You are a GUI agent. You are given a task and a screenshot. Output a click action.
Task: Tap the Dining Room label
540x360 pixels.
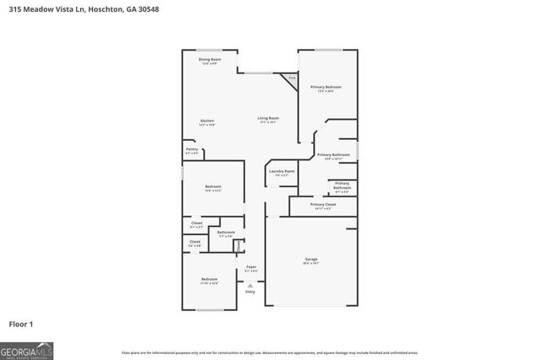[x=209, y=60]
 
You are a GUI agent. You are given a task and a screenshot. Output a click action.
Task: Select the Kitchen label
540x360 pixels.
[x=207, y=121]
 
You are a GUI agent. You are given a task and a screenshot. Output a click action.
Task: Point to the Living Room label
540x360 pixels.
[x=268, y=118]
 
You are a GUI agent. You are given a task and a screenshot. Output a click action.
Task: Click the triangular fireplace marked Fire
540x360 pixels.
[x=290, y=79]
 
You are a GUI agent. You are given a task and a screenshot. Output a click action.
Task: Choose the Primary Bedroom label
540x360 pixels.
[x=325, y=87]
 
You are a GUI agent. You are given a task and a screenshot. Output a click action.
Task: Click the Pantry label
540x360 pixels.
[x=192, y=150]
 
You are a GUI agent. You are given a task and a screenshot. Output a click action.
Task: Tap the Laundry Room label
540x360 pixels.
[x=282, y=171]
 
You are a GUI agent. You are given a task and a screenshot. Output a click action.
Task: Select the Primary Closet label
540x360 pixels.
[x=323, y=204]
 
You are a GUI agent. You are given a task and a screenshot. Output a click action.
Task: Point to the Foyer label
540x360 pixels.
[x=251, y=267]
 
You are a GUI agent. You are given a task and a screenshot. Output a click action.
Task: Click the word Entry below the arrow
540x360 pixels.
[x=250, y=292]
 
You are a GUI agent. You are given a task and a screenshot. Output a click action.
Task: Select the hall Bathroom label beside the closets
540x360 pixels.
[x=226, y=232]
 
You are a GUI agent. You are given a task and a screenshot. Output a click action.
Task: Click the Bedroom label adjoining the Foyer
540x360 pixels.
[x=209, y=279]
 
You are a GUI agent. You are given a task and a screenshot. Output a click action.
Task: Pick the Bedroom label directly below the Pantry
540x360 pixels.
[x=213, y=186]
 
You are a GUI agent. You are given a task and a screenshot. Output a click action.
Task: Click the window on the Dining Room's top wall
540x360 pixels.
[x=209, y=50]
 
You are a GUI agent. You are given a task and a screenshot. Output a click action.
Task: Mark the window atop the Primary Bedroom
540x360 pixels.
[x=328, y=50]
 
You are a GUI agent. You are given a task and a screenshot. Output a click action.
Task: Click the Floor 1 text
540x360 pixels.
[x=20, y=324]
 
